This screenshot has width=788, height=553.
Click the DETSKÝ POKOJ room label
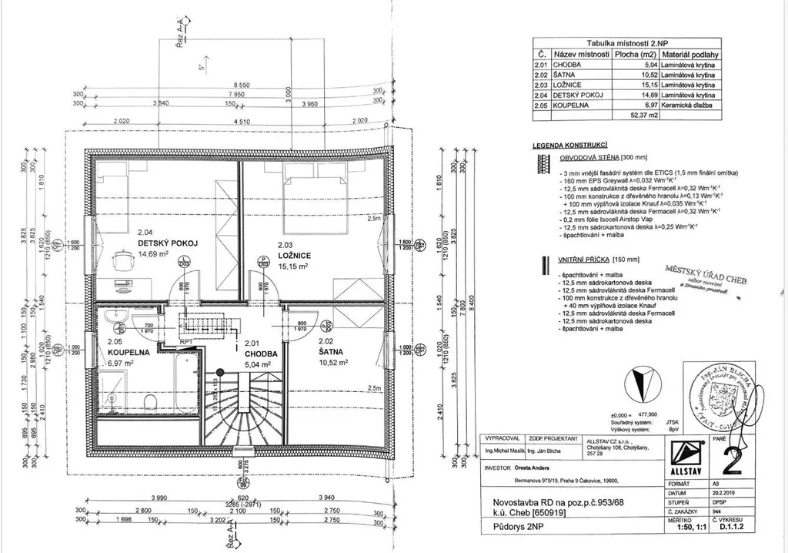pos(168,243)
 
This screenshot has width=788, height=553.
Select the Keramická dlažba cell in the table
pos(687,105)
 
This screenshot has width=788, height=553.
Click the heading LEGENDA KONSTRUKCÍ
pos(571,145)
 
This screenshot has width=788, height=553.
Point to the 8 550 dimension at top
pos(241,85)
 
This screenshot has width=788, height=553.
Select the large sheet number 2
pos(732,457)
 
